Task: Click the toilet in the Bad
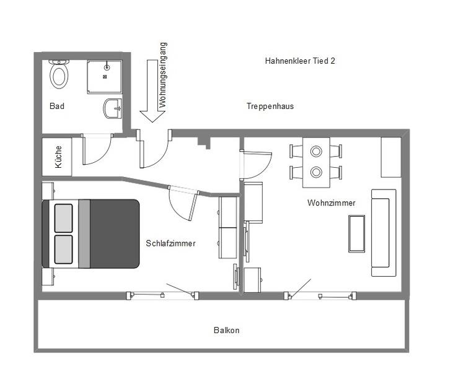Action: click(59, 74)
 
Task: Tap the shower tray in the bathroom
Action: click(105, 77)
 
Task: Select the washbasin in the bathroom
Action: click(113, 108)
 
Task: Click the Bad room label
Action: click(57, 106)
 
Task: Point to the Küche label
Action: click(58, 157)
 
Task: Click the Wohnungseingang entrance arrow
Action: click(152, 90)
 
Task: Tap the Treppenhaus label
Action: click(270, 106)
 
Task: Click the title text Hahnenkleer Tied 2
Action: click(300, 61)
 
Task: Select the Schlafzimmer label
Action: click(170, 243)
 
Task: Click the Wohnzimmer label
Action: click(332, 202)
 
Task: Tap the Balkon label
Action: click(226, 330)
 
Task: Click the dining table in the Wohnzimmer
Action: click(316, 162)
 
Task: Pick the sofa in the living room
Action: click(384, 233)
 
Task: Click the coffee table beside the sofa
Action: click(356, 233)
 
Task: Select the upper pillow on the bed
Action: click(63, 219)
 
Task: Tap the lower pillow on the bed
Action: click(63, 250)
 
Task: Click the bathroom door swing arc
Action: click(103, 155)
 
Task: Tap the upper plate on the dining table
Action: click(316, 151)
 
